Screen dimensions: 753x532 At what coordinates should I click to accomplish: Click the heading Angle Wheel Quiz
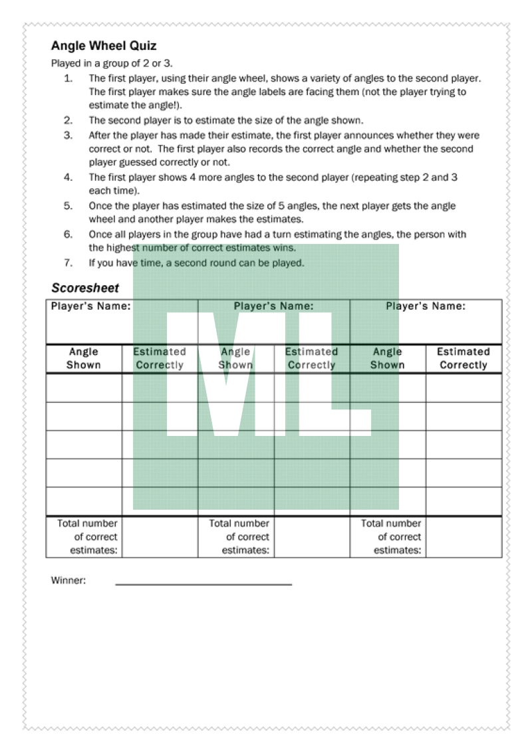[x=104, y=47]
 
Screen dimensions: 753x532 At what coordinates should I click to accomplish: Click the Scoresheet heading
[x=85, y=288]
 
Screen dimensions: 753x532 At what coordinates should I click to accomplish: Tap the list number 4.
[x=68, y=177]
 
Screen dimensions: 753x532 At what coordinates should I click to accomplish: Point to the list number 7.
[x=68, y=263]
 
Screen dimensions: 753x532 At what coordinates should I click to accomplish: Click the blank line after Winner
[x=203, y=583]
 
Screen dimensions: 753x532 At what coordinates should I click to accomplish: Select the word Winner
[x=68, y=580]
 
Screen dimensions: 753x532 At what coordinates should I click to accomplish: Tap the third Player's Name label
[x=426, y=306]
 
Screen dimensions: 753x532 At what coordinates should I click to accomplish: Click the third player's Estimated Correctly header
[x=464, y=358]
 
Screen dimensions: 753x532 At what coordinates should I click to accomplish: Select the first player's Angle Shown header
[x=84, y=358]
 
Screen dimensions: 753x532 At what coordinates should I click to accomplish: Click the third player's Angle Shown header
[x=388, y=358]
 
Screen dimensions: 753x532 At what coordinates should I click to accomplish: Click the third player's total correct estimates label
[x=391, y=537]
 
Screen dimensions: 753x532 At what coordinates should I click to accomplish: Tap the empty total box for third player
[x=464, y=537]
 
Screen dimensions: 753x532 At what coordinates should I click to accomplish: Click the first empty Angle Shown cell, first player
[x=84, y=387]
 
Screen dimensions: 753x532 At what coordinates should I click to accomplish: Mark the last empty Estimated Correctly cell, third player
[x=464, y=502]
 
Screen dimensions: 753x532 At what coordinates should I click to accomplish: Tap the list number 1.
[x=68, y=78]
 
